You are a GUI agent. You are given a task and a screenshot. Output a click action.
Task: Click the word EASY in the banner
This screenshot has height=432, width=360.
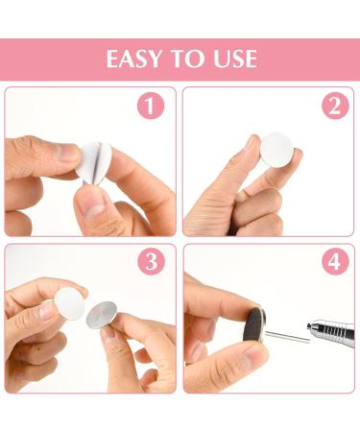click(134, 59)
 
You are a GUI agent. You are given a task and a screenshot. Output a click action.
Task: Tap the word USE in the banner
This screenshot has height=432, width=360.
click(235, 59)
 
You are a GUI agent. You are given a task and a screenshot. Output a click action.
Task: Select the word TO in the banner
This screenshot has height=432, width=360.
click(187, 59)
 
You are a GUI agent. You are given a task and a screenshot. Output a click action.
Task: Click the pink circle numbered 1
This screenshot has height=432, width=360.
click(151, 106)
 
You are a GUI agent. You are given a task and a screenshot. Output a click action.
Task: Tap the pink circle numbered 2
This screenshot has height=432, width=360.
click(335, 106)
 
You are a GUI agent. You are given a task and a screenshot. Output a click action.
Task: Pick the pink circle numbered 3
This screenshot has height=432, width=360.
click(151, 261)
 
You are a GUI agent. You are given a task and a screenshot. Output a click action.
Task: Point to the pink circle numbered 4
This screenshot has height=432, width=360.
click(335, 261)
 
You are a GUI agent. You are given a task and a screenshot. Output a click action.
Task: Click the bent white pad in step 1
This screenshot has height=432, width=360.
click(94, 162)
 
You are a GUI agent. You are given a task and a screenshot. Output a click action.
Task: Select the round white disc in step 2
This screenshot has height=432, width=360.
click(276, 150)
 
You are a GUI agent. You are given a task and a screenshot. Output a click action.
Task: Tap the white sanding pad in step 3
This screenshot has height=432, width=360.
click(70, 303)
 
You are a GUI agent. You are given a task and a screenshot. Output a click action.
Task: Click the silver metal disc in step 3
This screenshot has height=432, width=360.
click(102, 315)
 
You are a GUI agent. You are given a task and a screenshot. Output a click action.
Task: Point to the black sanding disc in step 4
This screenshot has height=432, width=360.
click(255, 324)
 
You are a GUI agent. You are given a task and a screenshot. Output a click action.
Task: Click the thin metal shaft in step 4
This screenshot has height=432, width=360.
click(287, 337)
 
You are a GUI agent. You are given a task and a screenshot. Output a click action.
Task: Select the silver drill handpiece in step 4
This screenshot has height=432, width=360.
click(331, 331)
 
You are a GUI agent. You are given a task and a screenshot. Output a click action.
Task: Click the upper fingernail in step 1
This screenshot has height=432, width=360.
click(65, 153)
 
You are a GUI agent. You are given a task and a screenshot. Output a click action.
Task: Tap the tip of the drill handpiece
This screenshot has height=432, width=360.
click(308, 325)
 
